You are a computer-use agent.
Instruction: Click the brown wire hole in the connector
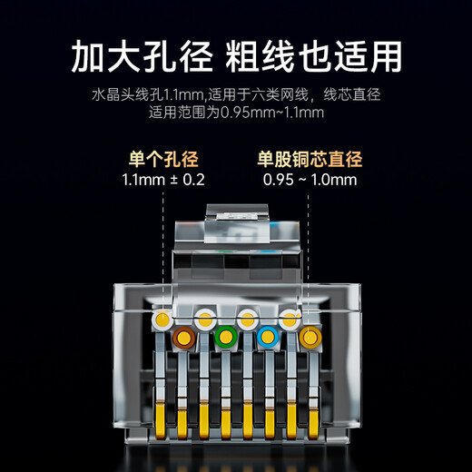(183, 338)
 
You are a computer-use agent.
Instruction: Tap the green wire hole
(225, 338)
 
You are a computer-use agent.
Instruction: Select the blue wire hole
(267, 338)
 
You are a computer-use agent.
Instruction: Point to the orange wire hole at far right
(310, 338)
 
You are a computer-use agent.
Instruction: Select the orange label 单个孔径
(163, 159)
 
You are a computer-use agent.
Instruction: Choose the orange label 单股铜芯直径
(310, 159)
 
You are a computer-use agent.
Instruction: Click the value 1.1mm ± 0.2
(163, 180)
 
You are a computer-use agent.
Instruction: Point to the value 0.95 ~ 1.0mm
(310, 180)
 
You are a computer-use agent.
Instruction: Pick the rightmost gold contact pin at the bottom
(314, 419)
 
